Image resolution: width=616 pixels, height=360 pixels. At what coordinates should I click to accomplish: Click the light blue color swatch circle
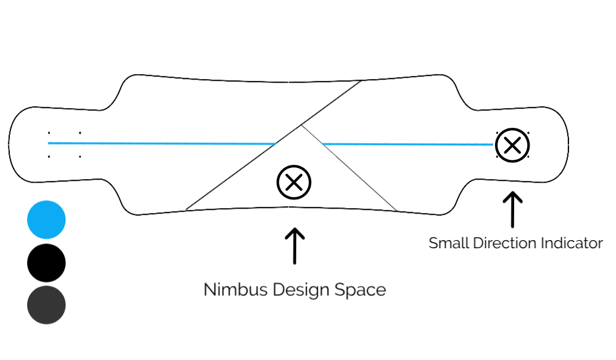[46, 220]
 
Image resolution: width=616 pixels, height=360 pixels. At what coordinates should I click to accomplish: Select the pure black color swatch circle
[46, 262]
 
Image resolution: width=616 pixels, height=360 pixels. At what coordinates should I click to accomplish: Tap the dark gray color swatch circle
[46, 305]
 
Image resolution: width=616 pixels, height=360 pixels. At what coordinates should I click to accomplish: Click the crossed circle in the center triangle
[294, 182]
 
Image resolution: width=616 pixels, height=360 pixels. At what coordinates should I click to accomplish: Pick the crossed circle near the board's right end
[513, 146]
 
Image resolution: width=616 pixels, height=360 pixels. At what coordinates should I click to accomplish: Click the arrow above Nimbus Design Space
[294, 245]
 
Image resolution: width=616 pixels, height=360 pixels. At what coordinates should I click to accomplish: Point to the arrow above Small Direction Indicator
[512, 209]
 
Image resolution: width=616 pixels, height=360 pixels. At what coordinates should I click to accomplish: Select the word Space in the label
[360, 290]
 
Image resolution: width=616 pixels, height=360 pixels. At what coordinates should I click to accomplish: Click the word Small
[449, 243]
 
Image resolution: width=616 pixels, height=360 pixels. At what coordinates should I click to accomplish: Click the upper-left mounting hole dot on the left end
[49, 133]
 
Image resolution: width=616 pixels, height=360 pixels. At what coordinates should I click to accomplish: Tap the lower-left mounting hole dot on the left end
[49, 156]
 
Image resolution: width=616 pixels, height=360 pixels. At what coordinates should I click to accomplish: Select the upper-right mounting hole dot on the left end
[80, 133]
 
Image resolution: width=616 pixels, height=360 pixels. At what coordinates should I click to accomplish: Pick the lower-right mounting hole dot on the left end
[80, 156]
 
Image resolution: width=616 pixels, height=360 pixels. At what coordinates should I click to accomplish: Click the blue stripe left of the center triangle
[160, 143]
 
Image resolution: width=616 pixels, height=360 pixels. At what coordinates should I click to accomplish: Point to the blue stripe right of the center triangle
[407, 144]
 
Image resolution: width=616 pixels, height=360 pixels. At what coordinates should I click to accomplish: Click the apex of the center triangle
[301, 126]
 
